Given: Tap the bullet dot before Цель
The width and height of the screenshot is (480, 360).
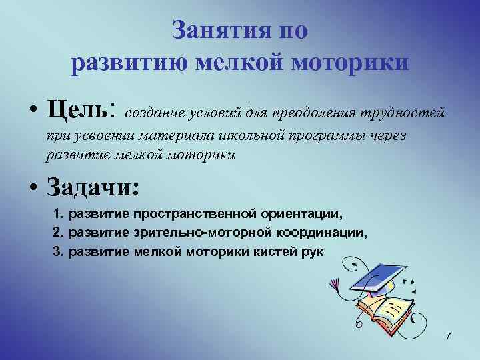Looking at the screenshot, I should pyautogui.click(x=32, y=109).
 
